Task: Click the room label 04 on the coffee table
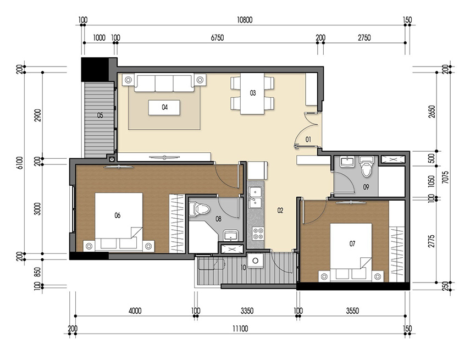(164, 108)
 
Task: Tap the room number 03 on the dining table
(253, 93)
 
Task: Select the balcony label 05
(100, 115)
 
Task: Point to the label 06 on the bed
(117, 215)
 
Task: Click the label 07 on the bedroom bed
(352, 242)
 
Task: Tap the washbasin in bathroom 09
(347, 162)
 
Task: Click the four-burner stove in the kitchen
(257, 235)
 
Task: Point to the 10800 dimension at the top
(244, 20)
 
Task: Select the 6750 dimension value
(217, 38)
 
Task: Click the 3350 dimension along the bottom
(247, 311)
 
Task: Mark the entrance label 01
(308, 140)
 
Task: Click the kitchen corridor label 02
(280, 210)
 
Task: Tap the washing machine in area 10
(255, 261)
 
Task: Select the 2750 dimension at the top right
(364, 38)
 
